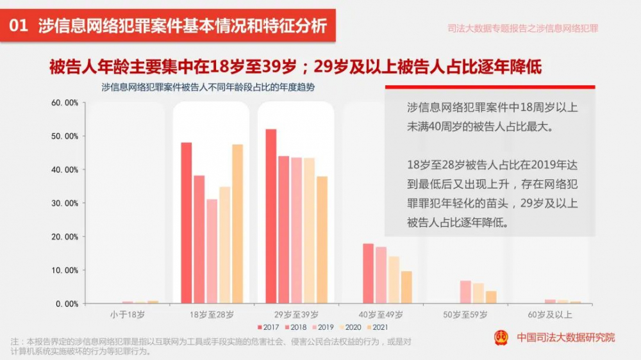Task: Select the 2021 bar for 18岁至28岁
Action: [x=238, y=224]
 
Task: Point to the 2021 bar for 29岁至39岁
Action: [x=322, y=240]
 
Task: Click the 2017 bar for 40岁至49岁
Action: [x=368, y=273]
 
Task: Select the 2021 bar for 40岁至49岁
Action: [x=406, y=287]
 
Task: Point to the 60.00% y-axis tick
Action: [x=65, y=102]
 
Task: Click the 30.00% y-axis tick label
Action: [x=65, y=203]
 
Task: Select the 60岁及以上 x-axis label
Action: [x=550, y=315]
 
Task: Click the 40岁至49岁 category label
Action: [x=381, y=315]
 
